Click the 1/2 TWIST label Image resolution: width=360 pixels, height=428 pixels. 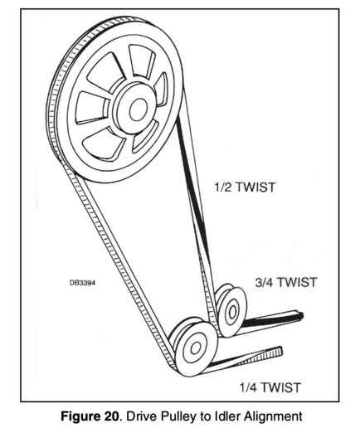pos(245,187)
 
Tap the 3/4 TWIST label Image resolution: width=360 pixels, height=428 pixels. pos(285,282)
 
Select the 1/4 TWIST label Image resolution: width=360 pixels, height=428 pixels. pos(270,387)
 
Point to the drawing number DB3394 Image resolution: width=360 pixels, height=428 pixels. pos(82,283)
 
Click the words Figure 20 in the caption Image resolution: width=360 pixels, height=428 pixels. pos(90,416)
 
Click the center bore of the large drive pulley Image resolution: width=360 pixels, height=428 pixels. pos(138,109)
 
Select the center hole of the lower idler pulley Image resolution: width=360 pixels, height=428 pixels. pos(196,348)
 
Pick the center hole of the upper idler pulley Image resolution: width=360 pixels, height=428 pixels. pos(231,312)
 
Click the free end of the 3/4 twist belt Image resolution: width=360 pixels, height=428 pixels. pos(301,315)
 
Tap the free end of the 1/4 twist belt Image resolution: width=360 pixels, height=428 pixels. pos(280,351)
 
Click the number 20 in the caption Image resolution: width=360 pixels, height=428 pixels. pos(112,416)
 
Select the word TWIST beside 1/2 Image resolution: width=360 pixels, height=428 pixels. pos(256,187)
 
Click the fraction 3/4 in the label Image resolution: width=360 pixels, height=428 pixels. pos(264,282)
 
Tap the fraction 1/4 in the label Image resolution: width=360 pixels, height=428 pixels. pos(248,387)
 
